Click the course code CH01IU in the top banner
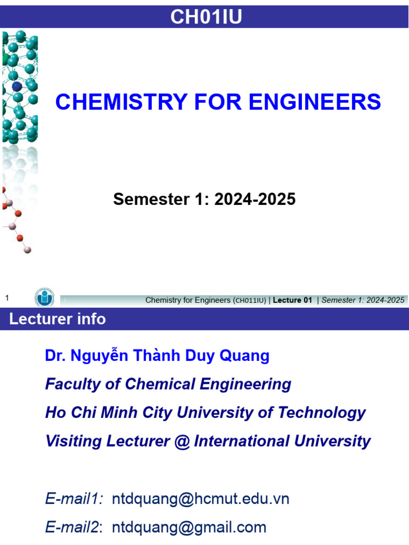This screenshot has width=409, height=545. click(206, 17)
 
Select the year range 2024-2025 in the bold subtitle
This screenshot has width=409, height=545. click(255, 199)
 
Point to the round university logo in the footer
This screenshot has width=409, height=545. click(44, 298)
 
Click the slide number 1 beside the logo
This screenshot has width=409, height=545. click(7, 299)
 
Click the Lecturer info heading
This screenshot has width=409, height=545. click(57, 319)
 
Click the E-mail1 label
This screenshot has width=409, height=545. click(74, 499)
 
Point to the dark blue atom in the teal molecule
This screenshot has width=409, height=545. click(17, 85)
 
